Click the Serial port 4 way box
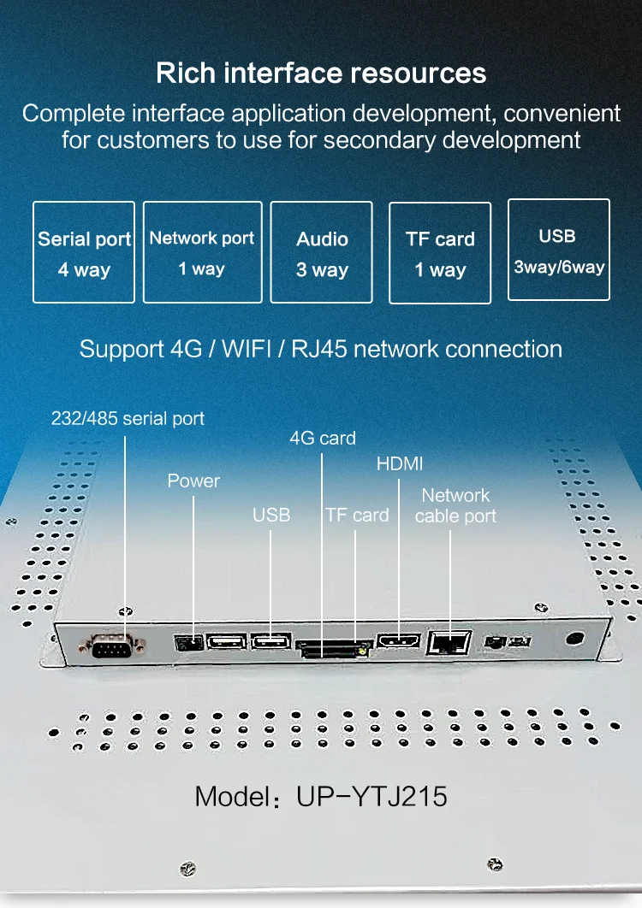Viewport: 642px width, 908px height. [x=84, y=252]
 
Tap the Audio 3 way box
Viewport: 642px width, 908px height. [x=322, y=252]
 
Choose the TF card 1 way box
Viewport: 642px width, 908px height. [x=440, y=252]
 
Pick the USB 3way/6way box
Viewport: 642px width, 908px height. [x=558, y=250]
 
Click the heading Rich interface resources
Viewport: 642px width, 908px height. [x=321, y=73]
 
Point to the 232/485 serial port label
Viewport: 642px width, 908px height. [x=128, y=419]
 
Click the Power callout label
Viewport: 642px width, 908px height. [x=193, y=481]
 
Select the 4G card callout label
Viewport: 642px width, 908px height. [x=323, y=439]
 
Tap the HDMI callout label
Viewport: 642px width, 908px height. [x=400, y=464]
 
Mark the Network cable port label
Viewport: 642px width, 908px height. [x=455, y=505]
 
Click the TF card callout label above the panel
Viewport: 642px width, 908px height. [x=357, y=515]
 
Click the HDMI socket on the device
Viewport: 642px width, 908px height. [x=399, y=641]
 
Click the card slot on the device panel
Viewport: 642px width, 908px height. [x=332, y=648]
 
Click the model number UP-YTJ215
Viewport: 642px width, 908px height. [x=372, y=797]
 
